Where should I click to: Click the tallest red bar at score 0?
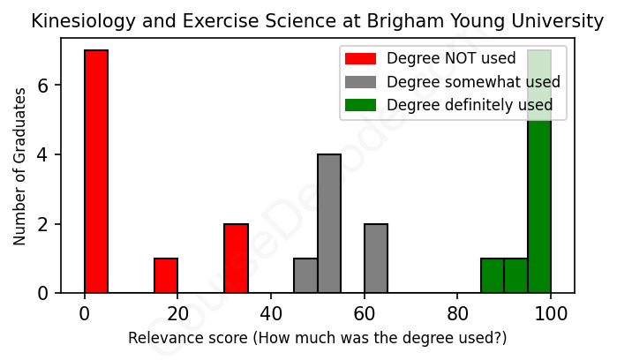click(96, 171)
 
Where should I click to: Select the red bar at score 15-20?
click(166, 275)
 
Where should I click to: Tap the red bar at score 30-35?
click(236, 258)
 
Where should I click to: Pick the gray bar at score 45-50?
click(305, 275)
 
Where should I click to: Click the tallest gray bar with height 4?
click(329, 223)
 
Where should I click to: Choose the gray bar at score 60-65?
click(376, 258)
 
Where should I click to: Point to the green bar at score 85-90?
click(493, 275)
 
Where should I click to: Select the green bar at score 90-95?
click(515, 275)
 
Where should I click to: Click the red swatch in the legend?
click(360, 59)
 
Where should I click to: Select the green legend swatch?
click(360, 105)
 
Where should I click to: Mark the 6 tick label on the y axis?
click(41, 86)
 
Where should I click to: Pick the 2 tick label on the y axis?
click(41, 224)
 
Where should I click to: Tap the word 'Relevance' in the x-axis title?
click(161, 338)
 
